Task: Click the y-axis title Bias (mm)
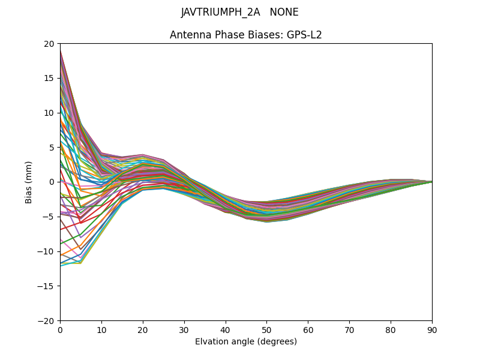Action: click(29, 182)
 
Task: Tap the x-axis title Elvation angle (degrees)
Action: click(246, 341)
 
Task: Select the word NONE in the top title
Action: click(284, 12)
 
